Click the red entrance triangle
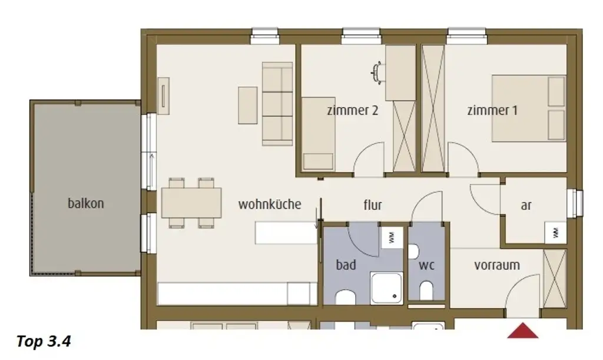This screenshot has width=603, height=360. [523, 331]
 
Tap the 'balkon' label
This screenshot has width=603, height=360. [86, 203]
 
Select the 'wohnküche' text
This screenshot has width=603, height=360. [270, 204]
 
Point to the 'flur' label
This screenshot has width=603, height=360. [373, 205]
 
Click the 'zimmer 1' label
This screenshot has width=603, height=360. [492, 110]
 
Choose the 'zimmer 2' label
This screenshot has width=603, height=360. [353, 110]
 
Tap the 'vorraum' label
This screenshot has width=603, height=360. [497, 265]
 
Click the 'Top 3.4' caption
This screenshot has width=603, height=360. [44, 341]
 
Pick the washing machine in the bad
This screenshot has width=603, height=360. [392, 237]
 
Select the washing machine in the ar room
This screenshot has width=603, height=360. [555, 232]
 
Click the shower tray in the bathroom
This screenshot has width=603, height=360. [386, 288]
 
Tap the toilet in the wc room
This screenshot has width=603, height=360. [426, 290]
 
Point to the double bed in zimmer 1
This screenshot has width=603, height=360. [529, 108]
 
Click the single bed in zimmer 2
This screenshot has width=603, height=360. [318, 134]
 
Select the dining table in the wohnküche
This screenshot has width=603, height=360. [191, 203]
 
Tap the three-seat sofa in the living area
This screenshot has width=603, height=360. [277, 104]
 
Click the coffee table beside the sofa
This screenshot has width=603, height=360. [248, 105]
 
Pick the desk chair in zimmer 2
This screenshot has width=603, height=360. [377, 72]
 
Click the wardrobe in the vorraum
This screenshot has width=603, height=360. [555, 279]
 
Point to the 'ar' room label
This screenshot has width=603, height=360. [526, 206]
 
